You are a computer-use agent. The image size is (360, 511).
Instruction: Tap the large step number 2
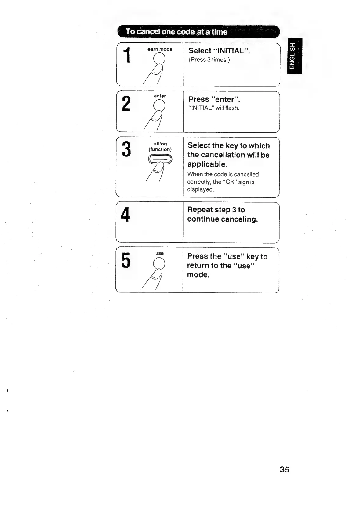click(x=126, y=103)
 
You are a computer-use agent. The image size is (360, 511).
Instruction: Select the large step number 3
click(x=126, y=149)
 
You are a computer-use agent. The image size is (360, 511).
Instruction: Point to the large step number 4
click(x=125, y=214)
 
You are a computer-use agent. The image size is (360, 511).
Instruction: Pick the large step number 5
click(x=125, y=261)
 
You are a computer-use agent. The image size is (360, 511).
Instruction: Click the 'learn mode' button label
click(x=159, y=49)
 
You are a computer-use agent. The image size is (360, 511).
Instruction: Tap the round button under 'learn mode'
click(x=159, y=58)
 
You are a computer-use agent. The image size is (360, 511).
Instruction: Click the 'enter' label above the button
click(x=160, y=96)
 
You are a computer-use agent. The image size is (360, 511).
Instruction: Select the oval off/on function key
click(x=160, y=159)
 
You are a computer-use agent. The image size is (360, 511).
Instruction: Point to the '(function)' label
click(x=160, y=149)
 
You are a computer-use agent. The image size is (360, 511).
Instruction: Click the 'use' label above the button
click(x=159, y=253)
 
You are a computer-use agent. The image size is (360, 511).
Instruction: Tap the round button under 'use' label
click(x=159, y=263)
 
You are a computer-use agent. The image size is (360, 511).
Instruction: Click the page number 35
click(x=284, y=469)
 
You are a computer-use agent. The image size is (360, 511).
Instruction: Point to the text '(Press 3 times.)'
click(x=209, y=60)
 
